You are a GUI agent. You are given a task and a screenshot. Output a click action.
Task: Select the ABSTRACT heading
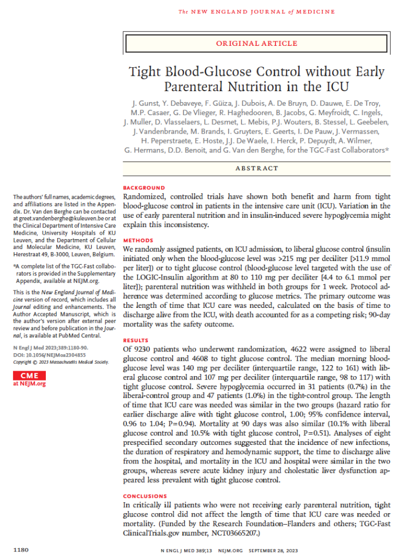256,169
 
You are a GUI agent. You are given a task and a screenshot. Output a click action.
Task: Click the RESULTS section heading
137,340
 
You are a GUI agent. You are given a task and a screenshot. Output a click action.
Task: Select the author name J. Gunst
143,104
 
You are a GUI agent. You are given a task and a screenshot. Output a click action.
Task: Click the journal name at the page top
256,11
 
